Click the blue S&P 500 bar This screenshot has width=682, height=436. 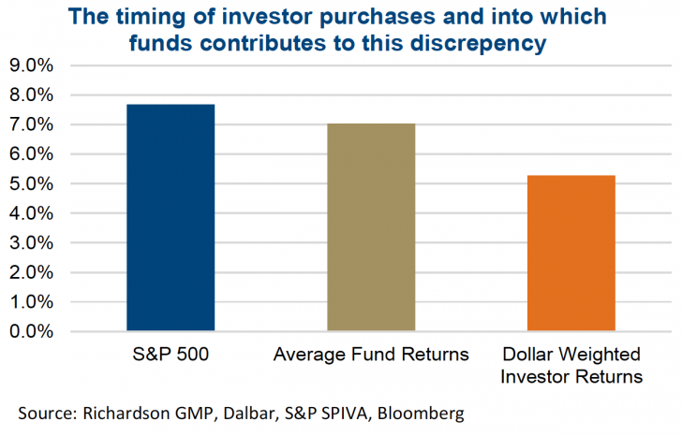pos(170,218)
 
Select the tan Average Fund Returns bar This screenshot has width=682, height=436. pos(371,227)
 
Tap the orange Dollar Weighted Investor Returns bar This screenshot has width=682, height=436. pos(571,254)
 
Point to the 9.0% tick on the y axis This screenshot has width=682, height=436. pos(31,66)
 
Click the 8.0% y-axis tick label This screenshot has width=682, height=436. pos(31,95)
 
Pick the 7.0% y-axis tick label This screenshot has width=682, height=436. pos(31,125)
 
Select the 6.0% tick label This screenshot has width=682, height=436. pos(31,154)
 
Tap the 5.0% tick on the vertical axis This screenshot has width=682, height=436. pos(31,184)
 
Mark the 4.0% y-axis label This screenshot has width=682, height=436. pos(31,213)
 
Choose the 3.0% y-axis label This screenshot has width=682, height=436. pos(31,243)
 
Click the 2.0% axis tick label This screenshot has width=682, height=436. pos(31,272)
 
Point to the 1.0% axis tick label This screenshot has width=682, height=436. pos(31,302)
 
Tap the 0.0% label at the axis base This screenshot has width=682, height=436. pos(31,332)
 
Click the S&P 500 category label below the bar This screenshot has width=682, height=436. pos(170,356)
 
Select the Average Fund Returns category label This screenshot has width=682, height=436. pos(371,356)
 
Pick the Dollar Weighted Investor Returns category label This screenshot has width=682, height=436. pos(571,366)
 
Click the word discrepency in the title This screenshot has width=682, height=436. pos(467,43)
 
